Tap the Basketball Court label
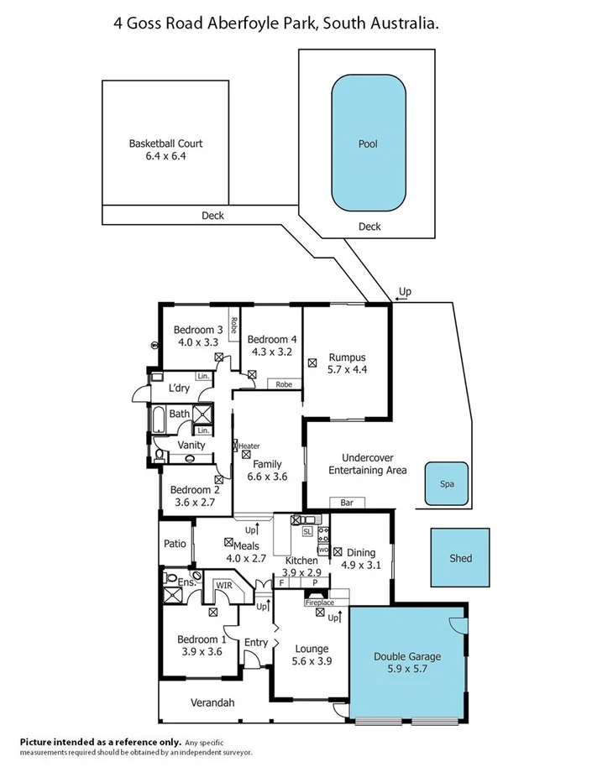point(165,143)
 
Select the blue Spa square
point(446,484)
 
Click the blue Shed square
point(460,558)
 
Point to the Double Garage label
point(406,657)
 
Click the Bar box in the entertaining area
point(347,503)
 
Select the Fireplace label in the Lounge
point(319,602)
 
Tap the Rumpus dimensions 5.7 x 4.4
point(348,368)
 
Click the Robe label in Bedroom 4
point(285,384)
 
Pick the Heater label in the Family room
point(249,446)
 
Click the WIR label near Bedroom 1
point(223,584)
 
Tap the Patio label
point(175,544)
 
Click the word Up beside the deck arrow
point(405,291)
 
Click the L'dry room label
point(179,388)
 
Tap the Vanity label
point(192,445)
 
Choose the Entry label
point(256,643)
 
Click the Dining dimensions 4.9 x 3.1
point(361,566)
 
